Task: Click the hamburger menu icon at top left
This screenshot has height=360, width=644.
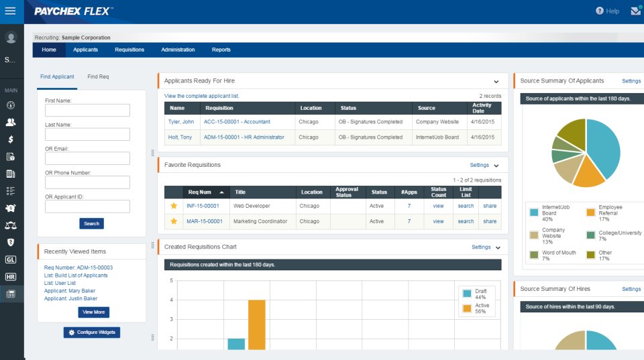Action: (10, 11)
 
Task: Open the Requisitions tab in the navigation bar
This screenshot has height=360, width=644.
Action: (129, 50)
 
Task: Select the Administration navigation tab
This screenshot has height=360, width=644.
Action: (178, 50)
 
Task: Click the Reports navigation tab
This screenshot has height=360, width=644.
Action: (221, 50)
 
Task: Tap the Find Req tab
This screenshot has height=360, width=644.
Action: (98, 77)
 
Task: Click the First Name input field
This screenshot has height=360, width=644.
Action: (87, 111)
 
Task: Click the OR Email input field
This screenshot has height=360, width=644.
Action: (87, 158)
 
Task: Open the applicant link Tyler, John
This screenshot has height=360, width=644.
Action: (181, 122)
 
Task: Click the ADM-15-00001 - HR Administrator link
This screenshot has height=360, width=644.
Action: (244, 137)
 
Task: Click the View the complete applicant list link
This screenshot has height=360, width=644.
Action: (201, 96)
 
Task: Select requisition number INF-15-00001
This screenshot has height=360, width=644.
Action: (203, 206)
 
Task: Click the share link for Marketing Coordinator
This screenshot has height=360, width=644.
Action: (490, 221)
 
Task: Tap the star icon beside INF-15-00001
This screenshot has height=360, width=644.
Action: (174, 206)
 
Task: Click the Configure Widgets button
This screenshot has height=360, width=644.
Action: (92, 333)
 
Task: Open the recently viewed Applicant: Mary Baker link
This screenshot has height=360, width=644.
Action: (70, 291)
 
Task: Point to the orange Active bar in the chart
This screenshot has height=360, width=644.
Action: (256, 324)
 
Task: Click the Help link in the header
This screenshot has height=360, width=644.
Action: (608, 11)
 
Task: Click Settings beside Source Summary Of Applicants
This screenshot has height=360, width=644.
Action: (631, 81)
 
